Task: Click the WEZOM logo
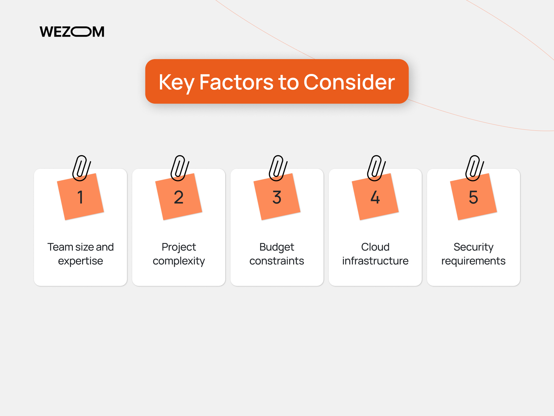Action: pyautogui.click(x=72, y=32)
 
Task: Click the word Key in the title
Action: pyautogui.click(x=176, y=82)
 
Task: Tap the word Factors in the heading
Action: pyautogui.click(x=236, y=82)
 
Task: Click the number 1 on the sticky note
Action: pyautogui.click(x=80, y=197)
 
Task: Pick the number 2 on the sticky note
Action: pyautogui.click(x=178, y=197)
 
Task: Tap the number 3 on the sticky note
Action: pyautogui.click(x=277, y=197)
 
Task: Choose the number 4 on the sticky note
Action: pyautogui.click(x=375, y=197)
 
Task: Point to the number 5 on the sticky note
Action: pyautogui.click(x=473, y=197)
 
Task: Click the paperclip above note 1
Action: pyautogui.click(x=81, y=168)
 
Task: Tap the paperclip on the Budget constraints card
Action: pyautogui.click(x=278, y=168)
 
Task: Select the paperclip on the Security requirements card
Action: pyautogui.click(x=474, y=168)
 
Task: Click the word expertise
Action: pyautogui.click(x=80, y=261)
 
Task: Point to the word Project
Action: pyautogui.click(x=179, y=247)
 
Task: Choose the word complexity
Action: pyautogui.click(x=179, y=261)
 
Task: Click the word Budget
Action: pyautogui.click(x=277, y=247)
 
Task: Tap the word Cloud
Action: pyautogui.click(x=375, y=247)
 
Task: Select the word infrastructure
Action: pyautogui.click(x=375, y=261)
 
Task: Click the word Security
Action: pyautogui.click(x=474, y=247)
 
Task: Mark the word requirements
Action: pyautogui.click(x=474, y=261)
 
